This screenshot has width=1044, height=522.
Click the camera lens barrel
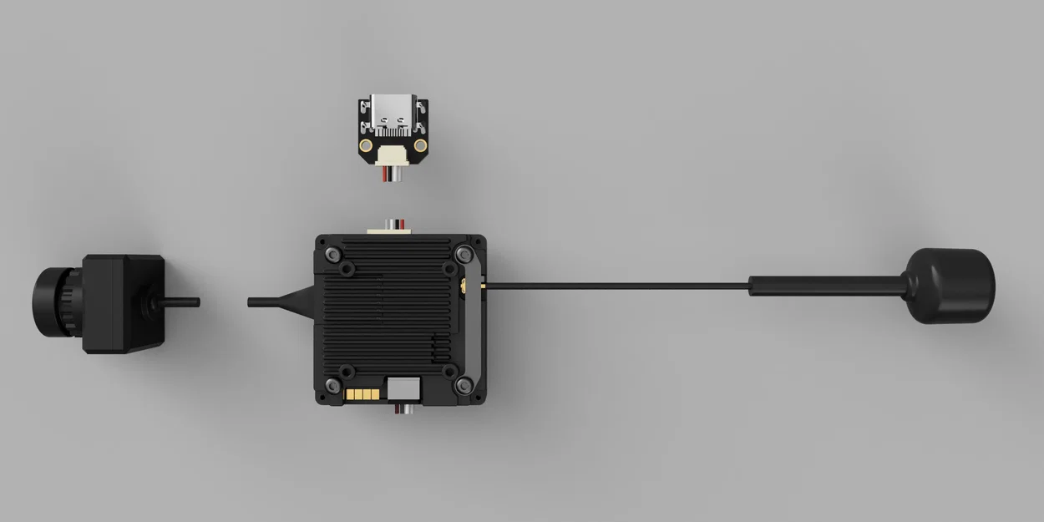coord(54,301)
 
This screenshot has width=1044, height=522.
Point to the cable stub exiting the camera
coord(180,302)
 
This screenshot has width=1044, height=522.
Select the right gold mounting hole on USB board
coord(420,146)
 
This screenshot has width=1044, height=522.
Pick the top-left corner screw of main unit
coord(332,254)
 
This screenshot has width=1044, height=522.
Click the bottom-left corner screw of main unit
coord(332,385)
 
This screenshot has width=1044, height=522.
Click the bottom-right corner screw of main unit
coord(464,385)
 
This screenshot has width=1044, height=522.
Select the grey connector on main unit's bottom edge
coord(404,388)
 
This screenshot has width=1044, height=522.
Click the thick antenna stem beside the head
coord(827,286)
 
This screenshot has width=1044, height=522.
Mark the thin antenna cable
coord(618,286)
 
